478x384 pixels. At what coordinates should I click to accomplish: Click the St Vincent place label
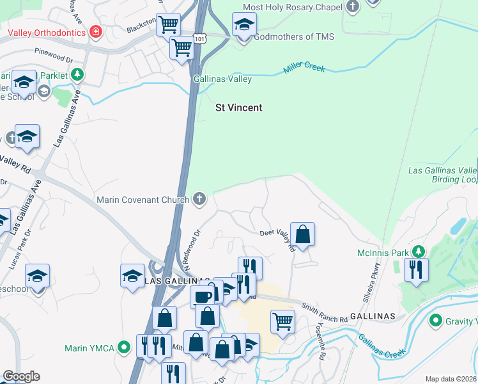238,108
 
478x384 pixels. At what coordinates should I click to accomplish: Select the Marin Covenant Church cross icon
199,200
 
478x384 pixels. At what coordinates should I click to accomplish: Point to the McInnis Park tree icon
418,252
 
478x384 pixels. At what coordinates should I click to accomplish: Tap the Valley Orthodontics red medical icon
96,31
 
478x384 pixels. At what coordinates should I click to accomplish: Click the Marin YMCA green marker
125,348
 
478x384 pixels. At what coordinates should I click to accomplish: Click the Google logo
21,376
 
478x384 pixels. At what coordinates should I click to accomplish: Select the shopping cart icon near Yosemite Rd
282,321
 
